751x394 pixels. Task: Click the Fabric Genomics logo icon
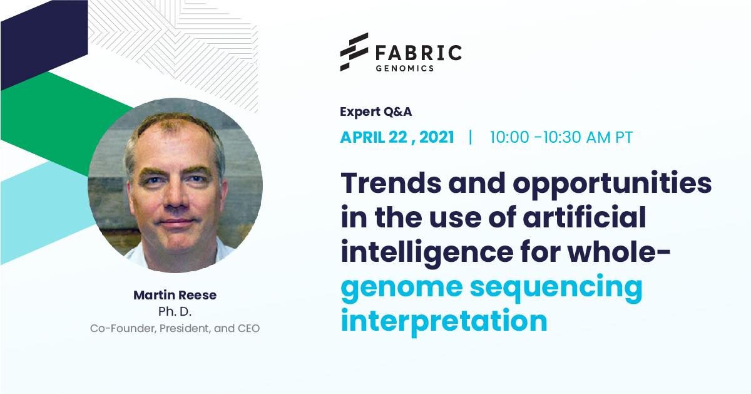click(x=354, y=52)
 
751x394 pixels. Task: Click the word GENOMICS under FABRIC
click(x=404, y=68)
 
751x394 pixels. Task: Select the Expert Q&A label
click(x=376, y=112)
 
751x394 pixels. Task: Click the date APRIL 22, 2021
click(x=397, y=137)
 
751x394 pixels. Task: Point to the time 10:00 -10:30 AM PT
click(x=561, y=137)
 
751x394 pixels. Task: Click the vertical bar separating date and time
click(x=471, y=137)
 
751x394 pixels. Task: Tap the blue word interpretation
click(x=444, y=321)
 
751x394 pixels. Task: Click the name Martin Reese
click(x=175, y=295)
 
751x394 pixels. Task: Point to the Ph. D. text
click(x=175, y=311)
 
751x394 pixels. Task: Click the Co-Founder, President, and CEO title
click(x=175, y=328)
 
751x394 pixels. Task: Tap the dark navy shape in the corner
click(x=38, y=44)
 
